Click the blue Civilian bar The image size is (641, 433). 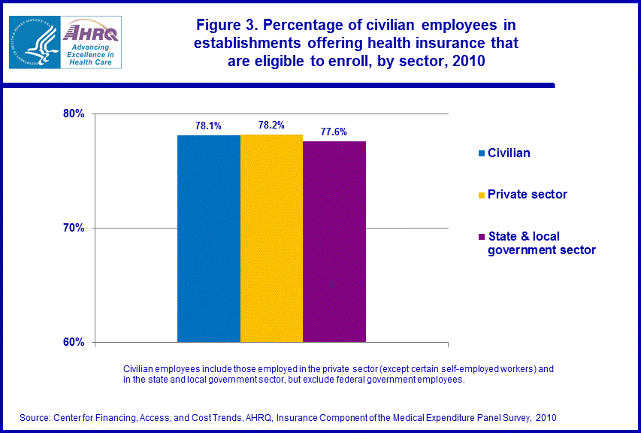208,238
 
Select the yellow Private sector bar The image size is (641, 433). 271,238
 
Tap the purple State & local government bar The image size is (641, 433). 334,241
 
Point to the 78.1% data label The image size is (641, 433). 208,126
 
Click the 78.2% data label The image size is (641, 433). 271,126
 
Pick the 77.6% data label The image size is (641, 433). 334,132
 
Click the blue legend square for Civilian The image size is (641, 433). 481,153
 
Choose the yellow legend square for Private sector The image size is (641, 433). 481,195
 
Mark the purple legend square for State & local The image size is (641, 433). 481,238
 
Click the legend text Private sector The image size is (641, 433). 528,195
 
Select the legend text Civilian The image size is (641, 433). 509,153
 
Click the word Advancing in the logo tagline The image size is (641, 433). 91,47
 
